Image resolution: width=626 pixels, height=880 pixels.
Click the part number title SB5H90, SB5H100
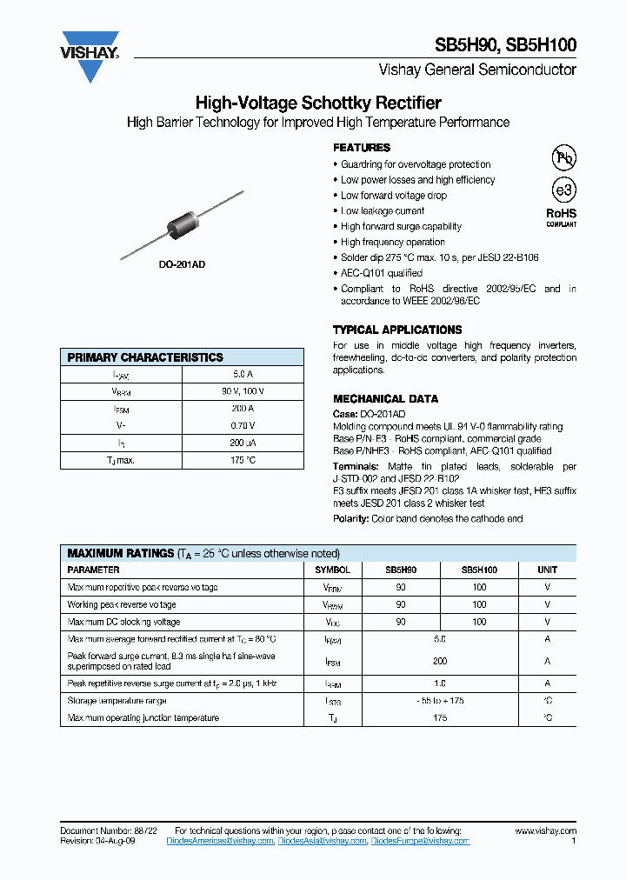505,46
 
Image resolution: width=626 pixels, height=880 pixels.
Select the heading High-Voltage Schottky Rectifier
318,103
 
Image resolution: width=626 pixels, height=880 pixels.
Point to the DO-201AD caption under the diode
182,263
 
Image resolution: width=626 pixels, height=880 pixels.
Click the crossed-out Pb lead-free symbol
564,157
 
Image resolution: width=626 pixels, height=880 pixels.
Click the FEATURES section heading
362,148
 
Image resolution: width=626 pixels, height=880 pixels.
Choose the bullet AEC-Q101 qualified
382,273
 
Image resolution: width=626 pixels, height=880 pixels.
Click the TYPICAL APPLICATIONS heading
397,330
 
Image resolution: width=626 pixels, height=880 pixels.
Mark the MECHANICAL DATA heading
385,399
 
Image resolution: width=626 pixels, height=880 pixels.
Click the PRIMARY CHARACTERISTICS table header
145,357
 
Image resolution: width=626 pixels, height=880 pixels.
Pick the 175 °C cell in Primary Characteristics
243,460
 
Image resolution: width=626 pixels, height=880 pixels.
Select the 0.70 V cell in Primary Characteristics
243,425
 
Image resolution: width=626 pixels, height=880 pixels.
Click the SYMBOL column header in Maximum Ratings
332,570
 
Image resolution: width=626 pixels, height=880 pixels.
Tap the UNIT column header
548,570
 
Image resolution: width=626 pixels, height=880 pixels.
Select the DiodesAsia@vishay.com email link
323,842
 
